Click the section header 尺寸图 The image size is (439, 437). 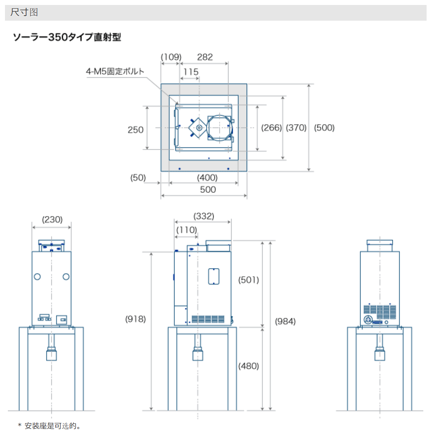coord(24,12)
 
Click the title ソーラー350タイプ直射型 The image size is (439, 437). coord(67,37)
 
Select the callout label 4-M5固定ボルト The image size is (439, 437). coord(115,72)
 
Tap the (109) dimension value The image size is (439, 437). coord(171,57)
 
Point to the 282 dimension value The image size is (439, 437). coord(205,57)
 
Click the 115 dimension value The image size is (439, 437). coord(191,72)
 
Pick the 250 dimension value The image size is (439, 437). coord(136,130)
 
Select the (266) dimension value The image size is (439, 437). coord(271,128)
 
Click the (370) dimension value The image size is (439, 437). coord(296,128)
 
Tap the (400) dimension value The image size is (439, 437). coord(207,178)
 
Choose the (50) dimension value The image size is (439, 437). coord(138,178)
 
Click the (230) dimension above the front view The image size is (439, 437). coord(52,219)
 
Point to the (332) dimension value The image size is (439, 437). coord(204,216)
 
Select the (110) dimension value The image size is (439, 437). coord(187,230)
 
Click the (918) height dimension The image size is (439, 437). coord(136,319)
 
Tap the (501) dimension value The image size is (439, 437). coord(248,280)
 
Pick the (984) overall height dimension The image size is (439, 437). coord(285,321)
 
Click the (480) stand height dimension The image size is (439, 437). coord(248,366)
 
